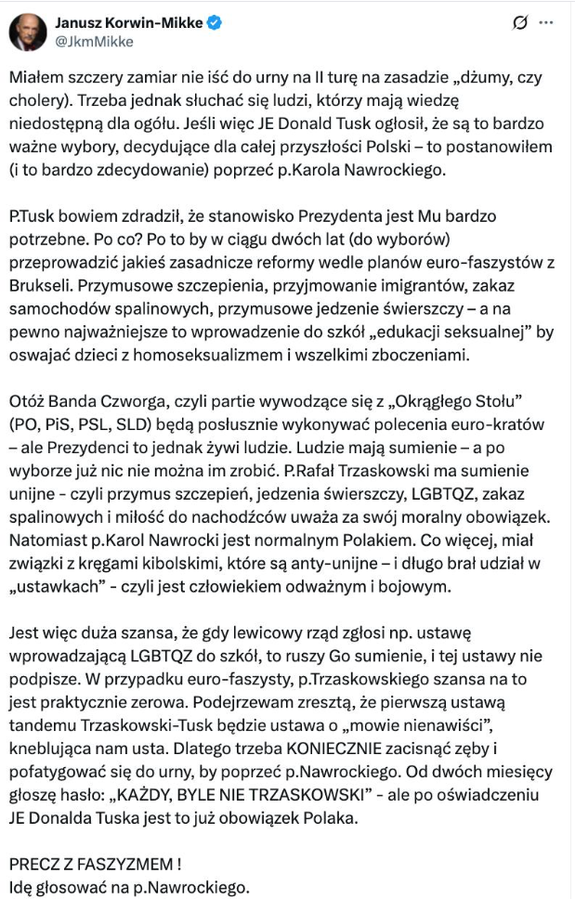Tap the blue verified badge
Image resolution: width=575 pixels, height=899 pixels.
point(216,22)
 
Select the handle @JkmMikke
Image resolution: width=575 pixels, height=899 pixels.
point(95,41)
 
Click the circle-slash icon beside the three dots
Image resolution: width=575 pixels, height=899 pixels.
point(520,22)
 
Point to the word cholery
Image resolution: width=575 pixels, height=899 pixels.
point(39,99)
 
